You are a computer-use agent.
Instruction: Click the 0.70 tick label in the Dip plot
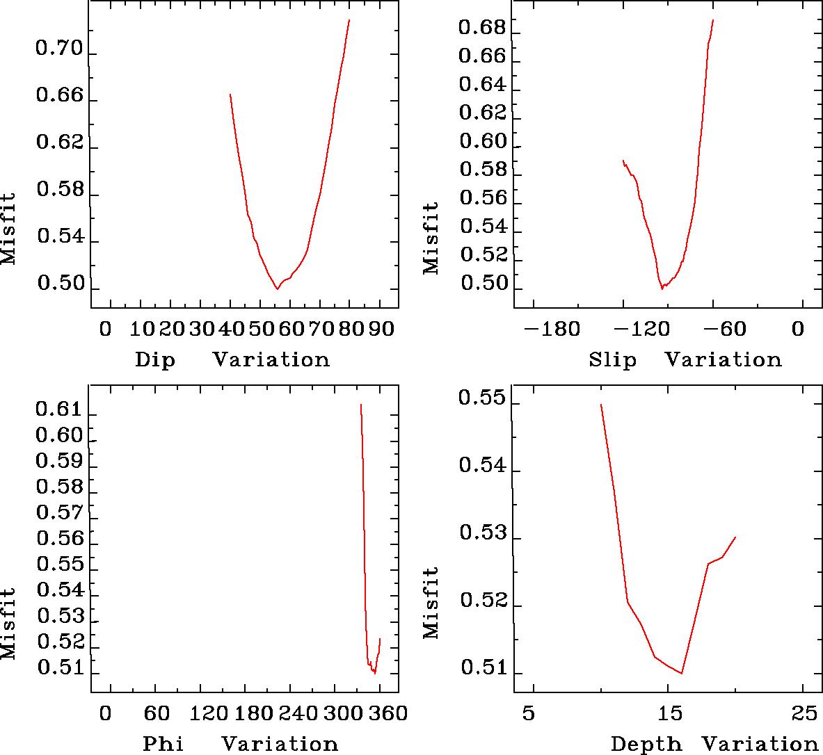(59, 50)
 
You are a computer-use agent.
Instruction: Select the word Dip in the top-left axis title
(155, 360)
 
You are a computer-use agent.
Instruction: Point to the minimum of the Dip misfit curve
(278, 289)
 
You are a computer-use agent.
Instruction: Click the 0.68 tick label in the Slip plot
(481, 29)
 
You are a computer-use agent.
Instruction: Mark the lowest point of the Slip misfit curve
(662, 288)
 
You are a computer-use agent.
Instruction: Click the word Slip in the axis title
(612, 360)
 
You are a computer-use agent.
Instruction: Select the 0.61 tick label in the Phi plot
(59, 409)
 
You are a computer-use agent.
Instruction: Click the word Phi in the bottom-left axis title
(163, 745)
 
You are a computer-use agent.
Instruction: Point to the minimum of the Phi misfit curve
(375, 673)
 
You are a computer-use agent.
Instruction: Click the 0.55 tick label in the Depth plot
(481, 399)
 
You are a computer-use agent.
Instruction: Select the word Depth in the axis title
(646, 745)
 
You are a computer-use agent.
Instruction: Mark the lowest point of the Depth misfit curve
(682, 673)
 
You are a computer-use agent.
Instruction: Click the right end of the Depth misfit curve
(735, 537)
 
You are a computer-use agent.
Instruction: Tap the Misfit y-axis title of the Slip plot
(431, 238)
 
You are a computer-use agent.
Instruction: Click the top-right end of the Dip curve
(349, 19)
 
